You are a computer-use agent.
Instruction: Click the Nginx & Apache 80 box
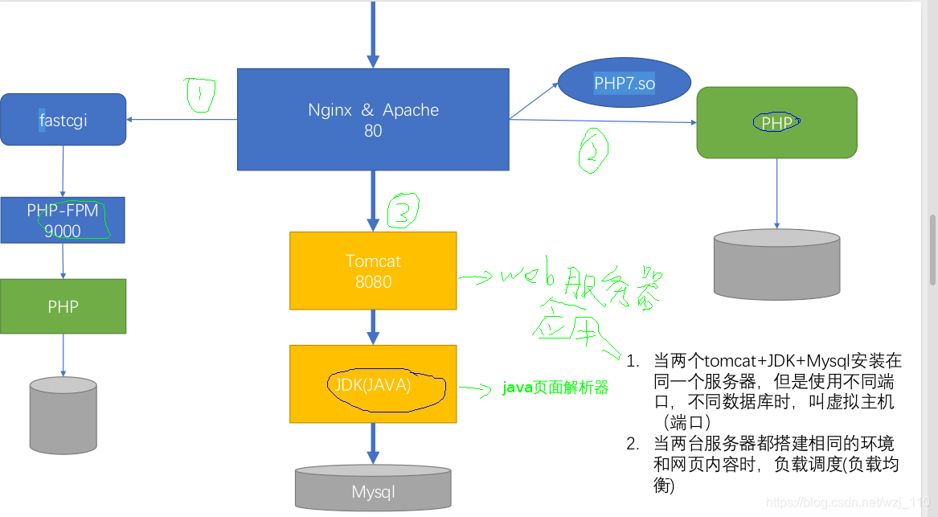point(373,119)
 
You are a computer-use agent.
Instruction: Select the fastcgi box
point(63,120)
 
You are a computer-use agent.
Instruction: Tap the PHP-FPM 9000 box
point(63,220)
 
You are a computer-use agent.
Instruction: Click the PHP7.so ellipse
point(625,84)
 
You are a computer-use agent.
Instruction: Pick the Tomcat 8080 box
point(373,271)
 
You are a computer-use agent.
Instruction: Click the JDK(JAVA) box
point(373,384)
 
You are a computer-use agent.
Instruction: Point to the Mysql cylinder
point(373,488)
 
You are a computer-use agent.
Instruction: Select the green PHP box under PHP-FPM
point(63,306)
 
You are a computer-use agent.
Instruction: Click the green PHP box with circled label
point(776,122)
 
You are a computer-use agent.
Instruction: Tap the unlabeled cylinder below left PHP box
point(63,416)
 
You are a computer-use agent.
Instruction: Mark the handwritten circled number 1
point(199,95)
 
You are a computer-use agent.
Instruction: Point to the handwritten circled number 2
point(592,150)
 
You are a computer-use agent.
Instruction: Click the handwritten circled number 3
point(403,211)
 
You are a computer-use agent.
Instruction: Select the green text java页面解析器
point(555,388)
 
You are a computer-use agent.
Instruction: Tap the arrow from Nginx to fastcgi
point(182,120)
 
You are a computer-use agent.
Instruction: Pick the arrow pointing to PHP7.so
point(535,100)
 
